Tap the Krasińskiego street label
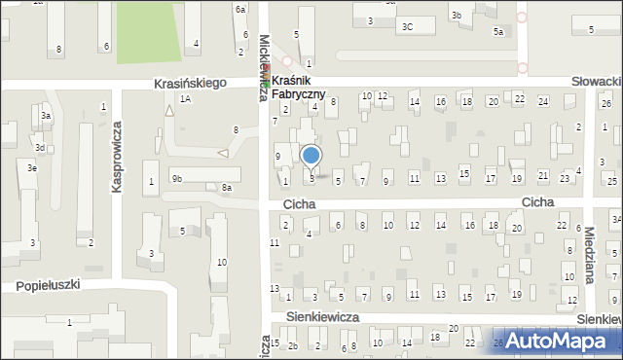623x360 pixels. (190, 84)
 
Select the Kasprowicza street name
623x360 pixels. (116, 157)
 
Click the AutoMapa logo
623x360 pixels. (563, 341)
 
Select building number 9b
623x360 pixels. (177, 178)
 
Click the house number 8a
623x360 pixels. (227, 188)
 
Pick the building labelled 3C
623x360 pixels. (408, 27)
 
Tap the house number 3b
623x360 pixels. (456, 16)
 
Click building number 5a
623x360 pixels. (497, 32)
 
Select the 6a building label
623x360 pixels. (239, 9)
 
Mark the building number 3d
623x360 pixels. (40, 148)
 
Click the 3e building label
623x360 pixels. (32, 168)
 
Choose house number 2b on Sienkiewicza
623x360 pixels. (291, 345)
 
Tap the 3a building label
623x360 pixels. (45, 116)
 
